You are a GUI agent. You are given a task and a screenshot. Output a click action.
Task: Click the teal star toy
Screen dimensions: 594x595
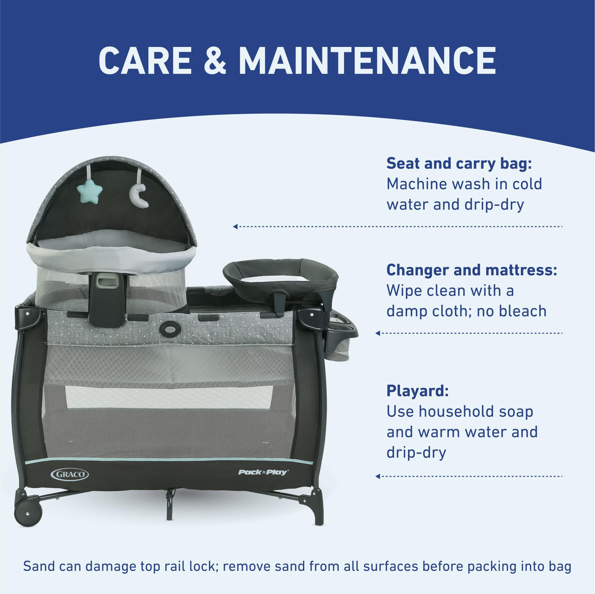(x=89, y=191)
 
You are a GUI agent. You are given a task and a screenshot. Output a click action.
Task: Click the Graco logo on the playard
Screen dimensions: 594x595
(x=70, y=474)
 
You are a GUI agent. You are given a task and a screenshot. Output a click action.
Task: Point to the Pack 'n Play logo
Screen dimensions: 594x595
(x=263, y=472)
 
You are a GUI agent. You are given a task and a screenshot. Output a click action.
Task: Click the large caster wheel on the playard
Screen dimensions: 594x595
(x=28, y=512)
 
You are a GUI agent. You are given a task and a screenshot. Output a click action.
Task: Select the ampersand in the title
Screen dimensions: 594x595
(x=215, y=61)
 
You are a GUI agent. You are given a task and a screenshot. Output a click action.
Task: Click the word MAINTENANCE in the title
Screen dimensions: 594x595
(x=367, y=61)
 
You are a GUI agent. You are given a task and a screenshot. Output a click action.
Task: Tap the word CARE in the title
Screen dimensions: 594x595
(x=145, y=61)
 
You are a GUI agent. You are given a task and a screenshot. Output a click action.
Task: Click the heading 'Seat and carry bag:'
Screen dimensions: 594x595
(x=459, y=163)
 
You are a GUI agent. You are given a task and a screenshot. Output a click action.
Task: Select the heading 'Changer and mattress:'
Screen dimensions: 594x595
(x=471, y=270)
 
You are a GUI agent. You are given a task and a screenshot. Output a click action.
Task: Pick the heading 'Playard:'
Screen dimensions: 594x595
(x=417, y=391)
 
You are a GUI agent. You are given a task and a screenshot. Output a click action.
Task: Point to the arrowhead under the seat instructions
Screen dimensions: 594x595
(x=235, y=226)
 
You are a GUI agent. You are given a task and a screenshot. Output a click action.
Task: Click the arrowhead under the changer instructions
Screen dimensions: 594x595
(x=377, y=333)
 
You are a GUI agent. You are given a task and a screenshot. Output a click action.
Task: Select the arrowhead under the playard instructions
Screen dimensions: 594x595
(x=377, y=476)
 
